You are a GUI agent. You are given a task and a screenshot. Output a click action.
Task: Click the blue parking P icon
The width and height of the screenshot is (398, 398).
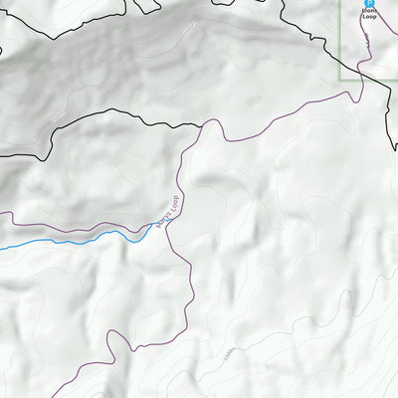coord(369,3)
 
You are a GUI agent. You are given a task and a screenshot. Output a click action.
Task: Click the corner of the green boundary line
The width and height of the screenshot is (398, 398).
coord(341,78)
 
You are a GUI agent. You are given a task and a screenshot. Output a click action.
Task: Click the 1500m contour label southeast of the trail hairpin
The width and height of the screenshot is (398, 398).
coord(230,352)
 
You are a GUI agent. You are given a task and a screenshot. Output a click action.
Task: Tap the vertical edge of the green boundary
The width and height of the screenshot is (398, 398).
coord(341,40)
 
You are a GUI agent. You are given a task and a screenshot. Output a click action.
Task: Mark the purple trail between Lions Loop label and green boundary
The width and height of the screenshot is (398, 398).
coord(364,50)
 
